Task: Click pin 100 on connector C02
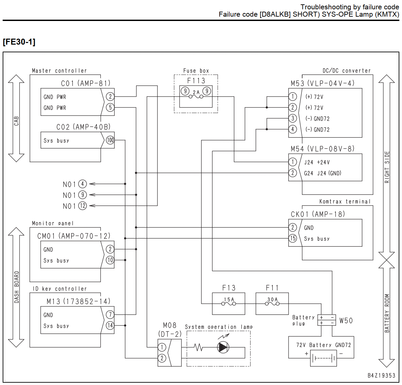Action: tap(110, 140)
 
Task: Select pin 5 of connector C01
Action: tap(110, 107)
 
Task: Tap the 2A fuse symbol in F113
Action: tap(196, 96)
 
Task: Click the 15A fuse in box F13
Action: tap(229, 303)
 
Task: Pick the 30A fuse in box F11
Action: tap(272, 303)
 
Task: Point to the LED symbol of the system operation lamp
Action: tap(223, 347)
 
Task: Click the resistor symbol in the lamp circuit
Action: tap(198, 347)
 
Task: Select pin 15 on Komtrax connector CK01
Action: tap(293, 238)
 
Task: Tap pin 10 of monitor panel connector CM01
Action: tap(110, 260)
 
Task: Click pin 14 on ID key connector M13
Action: tap(110, 325)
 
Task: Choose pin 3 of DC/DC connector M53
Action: tap(293, 118)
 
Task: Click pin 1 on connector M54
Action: tap(293, 162)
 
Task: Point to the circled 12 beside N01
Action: tap(83, 206)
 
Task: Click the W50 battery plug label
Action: tap(346, 320)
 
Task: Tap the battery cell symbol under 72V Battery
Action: tap(323, 358)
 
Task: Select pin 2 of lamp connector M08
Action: tap(162, 358)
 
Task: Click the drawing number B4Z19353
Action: tap(381, 375)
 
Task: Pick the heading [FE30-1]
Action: tap(19, 42)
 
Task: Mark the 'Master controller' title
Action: tap(59, 71)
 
